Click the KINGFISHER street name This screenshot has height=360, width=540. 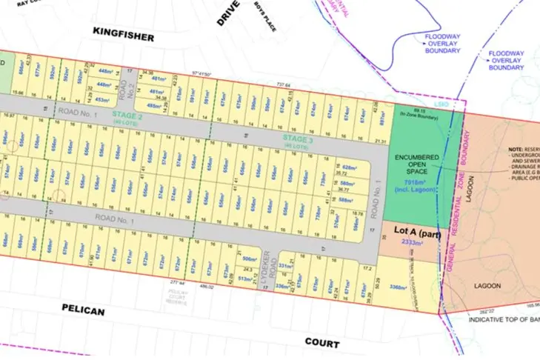tap(124, 35)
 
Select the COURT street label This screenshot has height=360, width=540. tap(321, 343)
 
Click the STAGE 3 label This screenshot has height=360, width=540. tap(299, 139)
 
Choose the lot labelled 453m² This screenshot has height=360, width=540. tap(102, 99)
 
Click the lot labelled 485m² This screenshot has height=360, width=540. tap(153, 106)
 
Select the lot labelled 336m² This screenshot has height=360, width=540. tap(281, 285)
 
